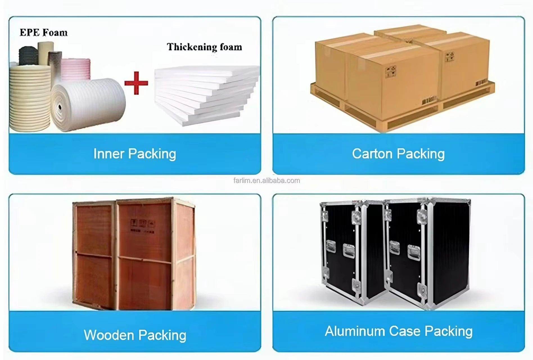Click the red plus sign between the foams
point(136,83)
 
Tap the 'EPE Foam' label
point(44,33)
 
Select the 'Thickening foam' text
point(204,47)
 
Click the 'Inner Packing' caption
point(135,154)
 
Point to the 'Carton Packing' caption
point(398,154)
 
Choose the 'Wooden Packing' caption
point(135,335)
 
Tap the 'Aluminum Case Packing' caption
point(399,331)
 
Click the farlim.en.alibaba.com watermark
point(266,181)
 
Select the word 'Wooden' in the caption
point(109,335)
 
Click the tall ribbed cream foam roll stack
point(30,97)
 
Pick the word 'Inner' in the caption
point(109,154)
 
